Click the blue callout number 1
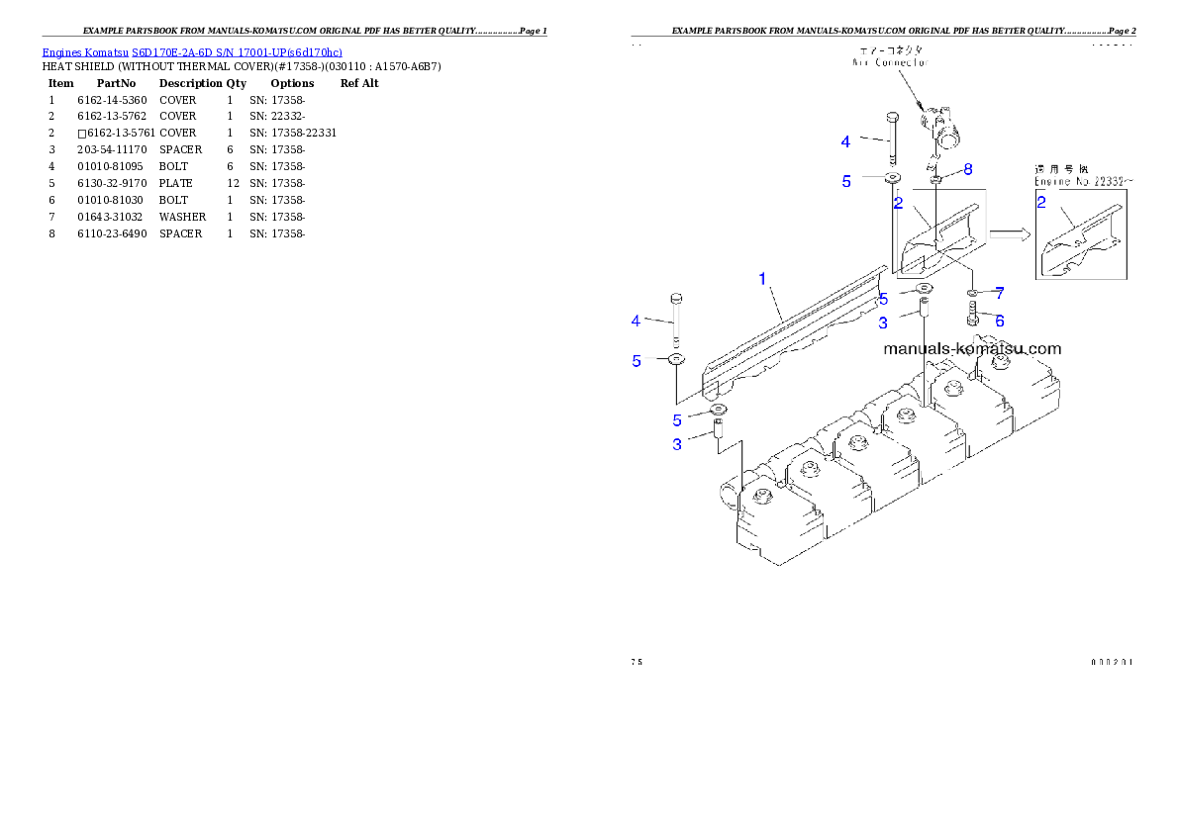(x=762, y=279)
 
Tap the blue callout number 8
(x=968, y=169)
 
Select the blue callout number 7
(x=1000, y=293)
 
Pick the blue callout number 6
(x=1000, y=321)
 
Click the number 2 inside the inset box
(x=1041, y=203)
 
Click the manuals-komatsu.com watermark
(x=971, y=348)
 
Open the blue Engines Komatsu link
(x=192, y=52)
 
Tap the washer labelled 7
(x=974, y=294)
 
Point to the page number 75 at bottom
(x=637, y=662)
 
